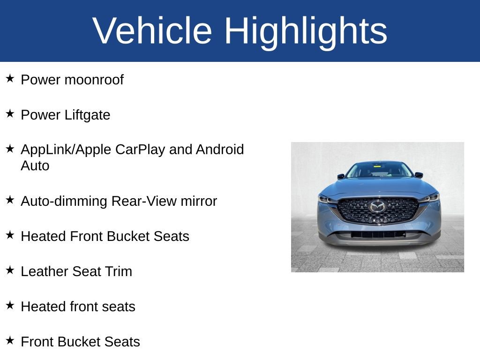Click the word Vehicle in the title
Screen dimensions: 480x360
(152, 30)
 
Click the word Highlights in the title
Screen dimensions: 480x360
(306, 33)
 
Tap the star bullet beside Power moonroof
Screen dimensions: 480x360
(10, 78)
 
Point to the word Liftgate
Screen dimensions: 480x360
(87, 115)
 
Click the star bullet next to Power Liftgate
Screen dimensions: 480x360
(10, 113)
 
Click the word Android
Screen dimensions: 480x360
(220, 150)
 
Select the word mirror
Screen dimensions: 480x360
(199, 202)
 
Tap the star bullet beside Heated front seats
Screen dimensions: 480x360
(10, 305)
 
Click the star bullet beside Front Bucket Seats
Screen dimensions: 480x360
(10, 340)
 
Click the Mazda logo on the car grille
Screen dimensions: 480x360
(377, 207)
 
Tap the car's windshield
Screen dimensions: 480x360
(379, 170)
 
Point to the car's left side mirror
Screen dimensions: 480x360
(341, 176)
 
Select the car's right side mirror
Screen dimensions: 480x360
(419, 175)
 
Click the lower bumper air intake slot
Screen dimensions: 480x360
(378, 235)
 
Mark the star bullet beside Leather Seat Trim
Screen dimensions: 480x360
(10, 270)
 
